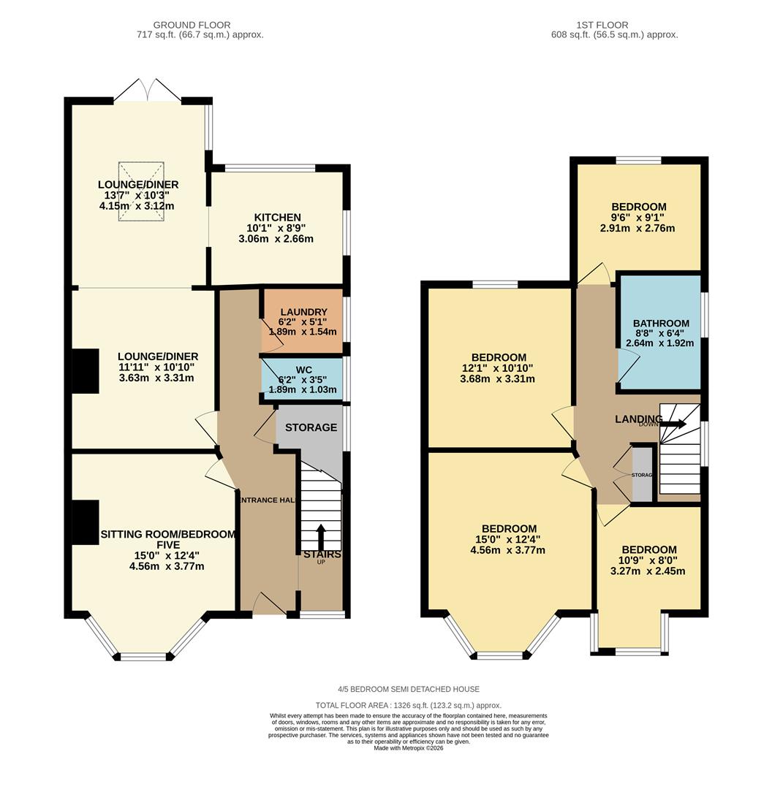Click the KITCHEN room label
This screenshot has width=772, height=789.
(277, 218)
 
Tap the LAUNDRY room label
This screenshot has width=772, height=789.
(303, 312)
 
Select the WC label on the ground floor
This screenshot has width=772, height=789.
(303, 370)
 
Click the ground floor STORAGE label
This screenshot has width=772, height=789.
(311, 427)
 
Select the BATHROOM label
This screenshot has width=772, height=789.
(661, 324)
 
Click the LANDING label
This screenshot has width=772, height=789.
(638, 419)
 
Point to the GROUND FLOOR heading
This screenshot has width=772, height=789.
(192, 25)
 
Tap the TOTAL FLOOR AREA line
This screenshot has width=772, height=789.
(418, 705)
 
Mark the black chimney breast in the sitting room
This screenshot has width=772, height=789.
(85, 522)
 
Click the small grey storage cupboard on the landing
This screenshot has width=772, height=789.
(642, 474)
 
